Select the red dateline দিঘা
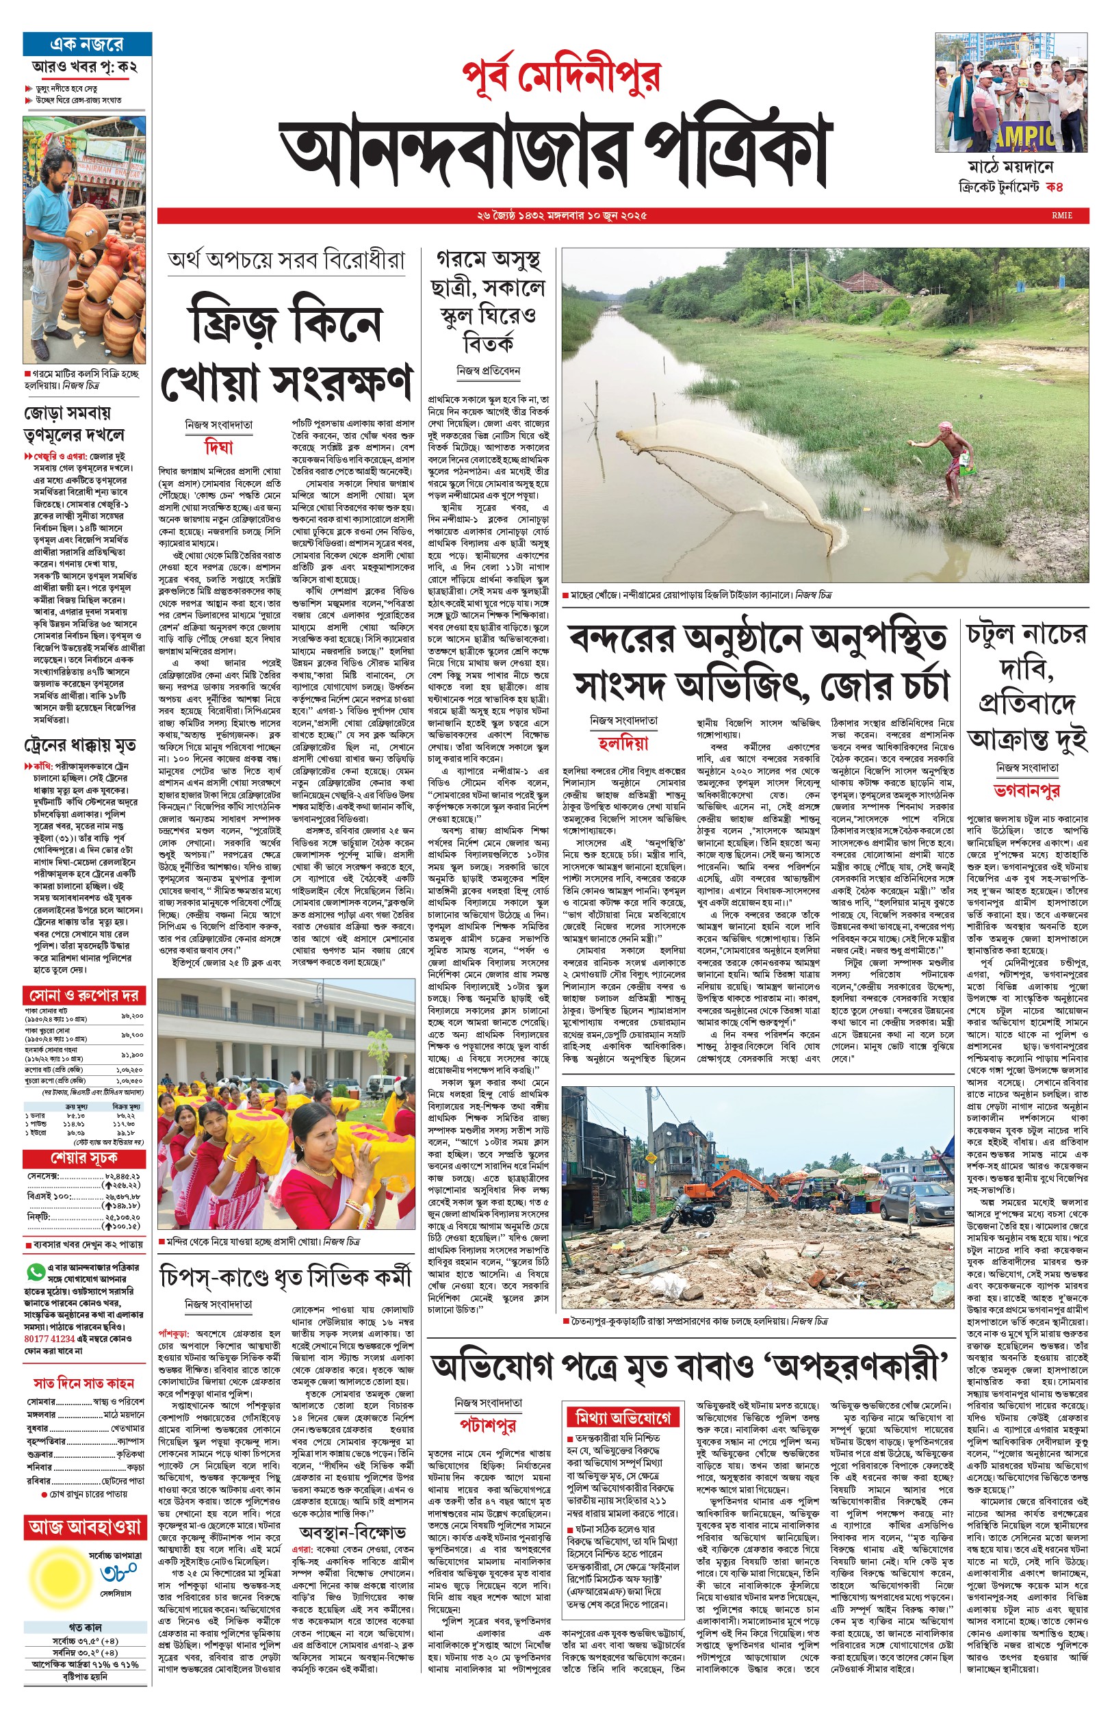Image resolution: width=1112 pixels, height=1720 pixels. coord(219,448)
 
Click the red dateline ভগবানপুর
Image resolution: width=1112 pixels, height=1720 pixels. coord(1026,791)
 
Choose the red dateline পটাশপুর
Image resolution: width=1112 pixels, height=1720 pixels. coord(488,1424)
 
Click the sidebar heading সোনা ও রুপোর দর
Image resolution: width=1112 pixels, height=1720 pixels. coord(83,995)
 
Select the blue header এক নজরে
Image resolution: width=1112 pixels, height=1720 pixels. coord(87,44)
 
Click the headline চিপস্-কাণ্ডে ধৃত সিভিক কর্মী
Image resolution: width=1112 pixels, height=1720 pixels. coord(285,1276)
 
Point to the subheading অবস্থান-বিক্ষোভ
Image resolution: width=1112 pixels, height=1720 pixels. coord(352,1532)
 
